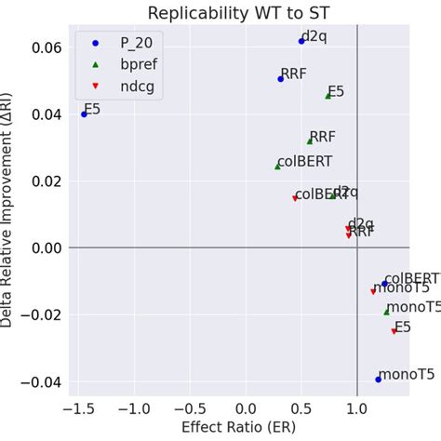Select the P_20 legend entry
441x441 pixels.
click(121, 44)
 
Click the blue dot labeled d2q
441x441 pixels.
click(301, 41)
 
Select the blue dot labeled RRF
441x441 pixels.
click(281, 79)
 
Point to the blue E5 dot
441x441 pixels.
click(85, 114)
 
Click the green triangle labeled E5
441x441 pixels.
click(328, 96)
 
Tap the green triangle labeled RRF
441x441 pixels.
click(310, 141)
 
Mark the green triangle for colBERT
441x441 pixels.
click(278, 167)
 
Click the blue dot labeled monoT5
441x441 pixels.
click(378, 380)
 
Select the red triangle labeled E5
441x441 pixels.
click(394, 331)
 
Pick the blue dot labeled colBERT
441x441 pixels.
click(384, 284)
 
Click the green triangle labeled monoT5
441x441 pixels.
click(386, 312)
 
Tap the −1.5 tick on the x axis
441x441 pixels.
click(79, 408)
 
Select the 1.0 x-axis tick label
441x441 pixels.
click(357, 408)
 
